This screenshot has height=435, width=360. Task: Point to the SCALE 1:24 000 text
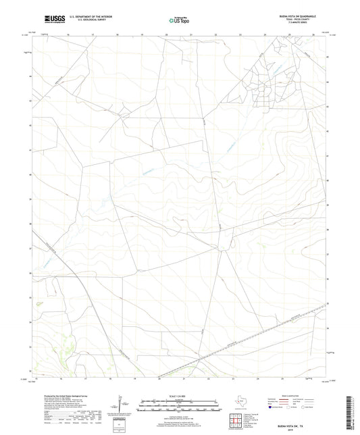[x=180, y=395]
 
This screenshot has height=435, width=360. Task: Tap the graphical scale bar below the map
[x=180, y=407]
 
